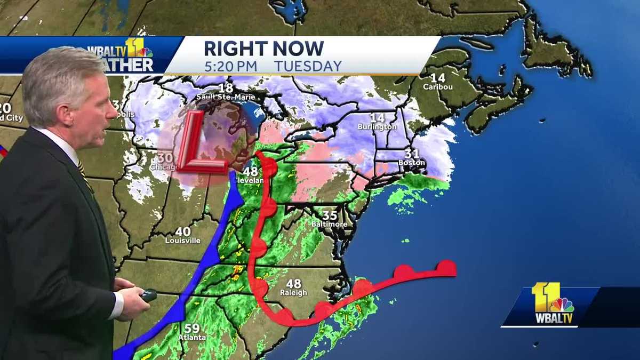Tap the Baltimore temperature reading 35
[x=330, y=215]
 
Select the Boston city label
[x=411, y=162]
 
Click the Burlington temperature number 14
[x=377, y=117]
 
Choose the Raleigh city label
[x=293, y=293]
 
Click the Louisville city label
[x=183, y=241]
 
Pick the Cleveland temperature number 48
[x=251, y=172]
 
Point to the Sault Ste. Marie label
[x=225, y=97]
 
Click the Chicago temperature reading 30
[x=164, y=158]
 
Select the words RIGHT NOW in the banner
[x=263, y=49]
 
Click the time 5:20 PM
[x=230, y=66]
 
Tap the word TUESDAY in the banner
[x=308, y=66]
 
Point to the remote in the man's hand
[x=148, y=295]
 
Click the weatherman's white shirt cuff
[x=118, y=305]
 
